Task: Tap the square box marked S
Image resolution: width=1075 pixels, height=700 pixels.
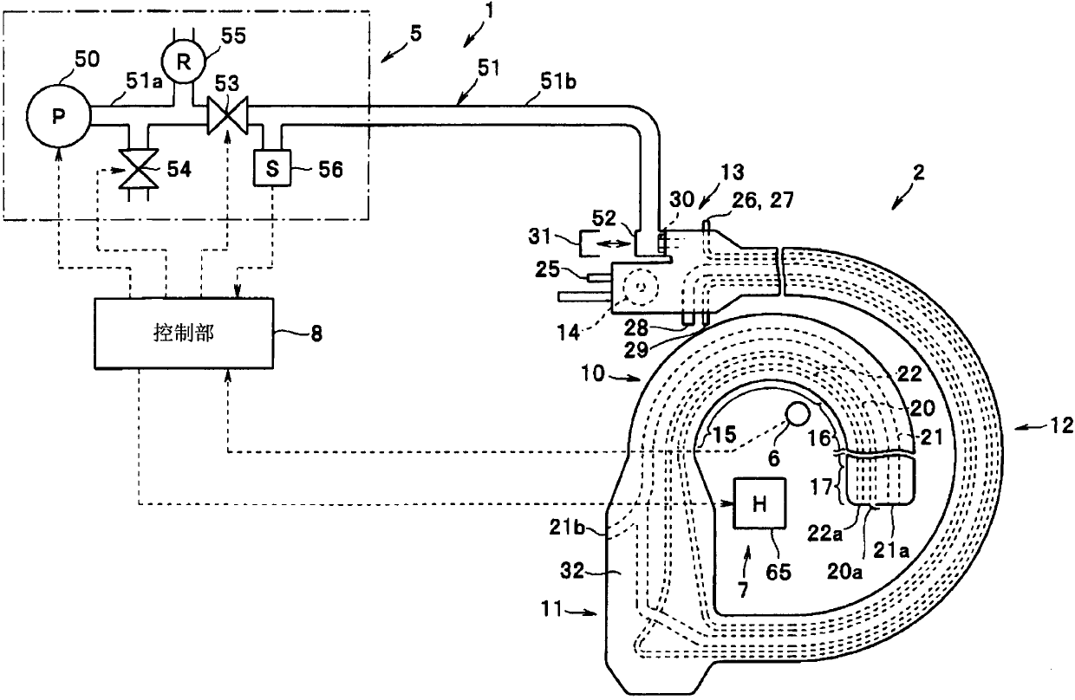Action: [272, 168]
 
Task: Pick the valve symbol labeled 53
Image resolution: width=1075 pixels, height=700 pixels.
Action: [227, 115]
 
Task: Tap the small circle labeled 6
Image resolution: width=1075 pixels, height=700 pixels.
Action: [798, 413]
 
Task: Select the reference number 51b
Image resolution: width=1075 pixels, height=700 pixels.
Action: [558, 81]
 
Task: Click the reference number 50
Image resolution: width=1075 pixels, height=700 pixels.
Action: [87, 60]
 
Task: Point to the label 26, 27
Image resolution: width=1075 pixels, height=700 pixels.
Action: [763, 200]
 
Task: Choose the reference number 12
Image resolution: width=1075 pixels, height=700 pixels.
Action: [1060, 425]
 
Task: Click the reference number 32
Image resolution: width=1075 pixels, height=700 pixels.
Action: [572, 571]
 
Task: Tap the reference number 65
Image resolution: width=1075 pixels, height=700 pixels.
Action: [779, 572]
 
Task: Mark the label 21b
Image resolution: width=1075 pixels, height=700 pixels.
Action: [567, 528]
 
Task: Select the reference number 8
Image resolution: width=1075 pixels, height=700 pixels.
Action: [316, 334]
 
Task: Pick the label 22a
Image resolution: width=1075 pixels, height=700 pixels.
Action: [825, 533]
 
